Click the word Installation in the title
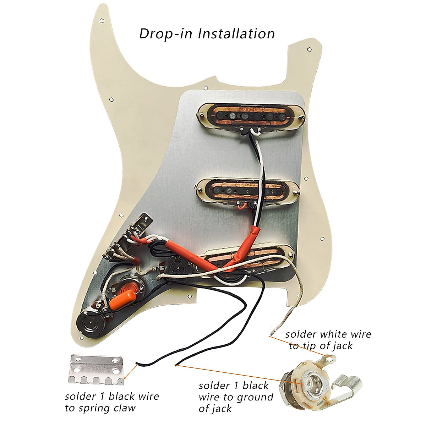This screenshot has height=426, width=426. pos(236,34)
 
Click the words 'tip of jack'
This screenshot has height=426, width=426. pos(321,345)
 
